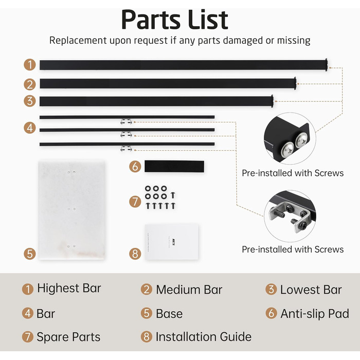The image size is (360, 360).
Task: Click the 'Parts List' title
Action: [x=175, y=20]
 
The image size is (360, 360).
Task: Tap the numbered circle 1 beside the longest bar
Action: [x=30, y=65]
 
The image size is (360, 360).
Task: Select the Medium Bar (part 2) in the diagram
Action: [x=168, y=83]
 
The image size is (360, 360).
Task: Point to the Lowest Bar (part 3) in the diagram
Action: [x=156, y=101]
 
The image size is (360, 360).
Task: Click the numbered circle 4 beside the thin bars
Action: [x=30, y=128]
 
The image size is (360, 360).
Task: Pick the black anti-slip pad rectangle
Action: [x=174, y=167]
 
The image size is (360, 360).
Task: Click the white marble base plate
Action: [x=71, y=210]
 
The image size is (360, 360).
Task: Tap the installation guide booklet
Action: [x=172, y=242]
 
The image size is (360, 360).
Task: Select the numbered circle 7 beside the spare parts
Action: [x=135, y=202]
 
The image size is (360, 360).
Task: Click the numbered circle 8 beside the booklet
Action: [x=135, y=254]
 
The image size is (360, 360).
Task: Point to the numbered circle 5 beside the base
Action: [x=30, y=254]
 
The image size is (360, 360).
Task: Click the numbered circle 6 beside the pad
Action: [x=135, y=167]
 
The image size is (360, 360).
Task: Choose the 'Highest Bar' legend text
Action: [x=69, y=288]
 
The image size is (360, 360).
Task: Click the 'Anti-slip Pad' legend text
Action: [x=315, y=314]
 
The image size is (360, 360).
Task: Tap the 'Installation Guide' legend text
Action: [x=204, y=337]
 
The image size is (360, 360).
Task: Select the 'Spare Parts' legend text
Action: [x=68, y=337]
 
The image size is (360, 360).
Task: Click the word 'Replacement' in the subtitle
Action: [x=78, y=41]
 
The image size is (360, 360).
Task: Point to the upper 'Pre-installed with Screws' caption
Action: [x=293, y=173]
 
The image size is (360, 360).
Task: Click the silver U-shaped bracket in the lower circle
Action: [x=290, y=216]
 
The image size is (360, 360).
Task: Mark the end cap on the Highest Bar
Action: [x=326, y=65]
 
